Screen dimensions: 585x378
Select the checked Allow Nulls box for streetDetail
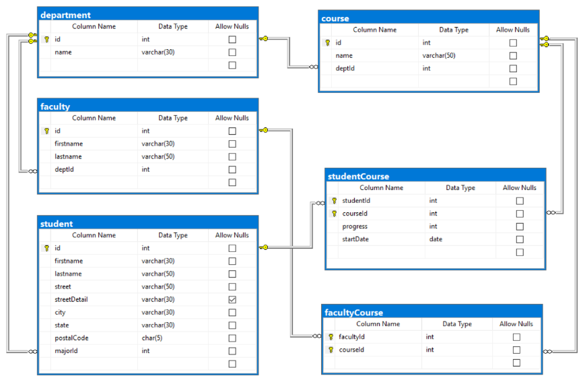(x=232, y=299)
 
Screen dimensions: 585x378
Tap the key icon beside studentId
(x=334, y=201)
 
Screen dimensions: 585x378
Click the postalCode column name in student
(x=71, y=338)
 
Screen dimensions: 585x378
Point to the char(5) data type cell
(x=151, y=338)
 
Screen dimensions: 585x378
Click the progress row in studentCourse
(x=355, y=226)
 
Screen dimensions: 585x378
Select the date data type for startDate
(x=436, y=239)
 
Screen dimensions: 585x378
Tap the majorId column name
(x=67, y=351)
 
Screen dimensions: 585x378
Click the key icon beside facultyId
(x=331, y=337)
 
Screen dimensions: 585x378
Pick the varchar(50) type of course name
(x=439, y=55)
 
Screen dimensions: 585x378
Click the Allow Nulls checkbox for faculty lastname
(x=232, y=157)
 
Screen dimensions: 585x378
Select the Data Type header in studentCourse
(x=460, y=188)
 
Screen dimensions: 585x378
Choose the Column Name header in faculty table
(x=94, y=118)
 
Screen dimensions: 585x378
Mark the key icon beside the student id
(x=46, y=248)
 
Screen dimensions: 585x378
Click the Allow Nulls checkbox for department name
(x=232, y=53)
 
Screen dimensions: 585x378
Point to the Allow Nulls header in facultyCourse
(x=516, y=324)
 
